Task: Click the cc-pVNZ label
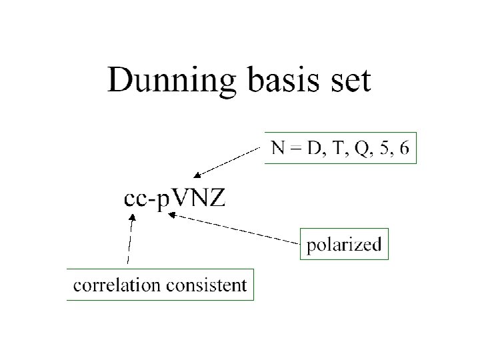click(x=175, y=199)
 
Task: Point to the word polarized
click(x=343, y=245)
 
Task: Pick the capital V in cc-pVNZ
click(x=180, y=199)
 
